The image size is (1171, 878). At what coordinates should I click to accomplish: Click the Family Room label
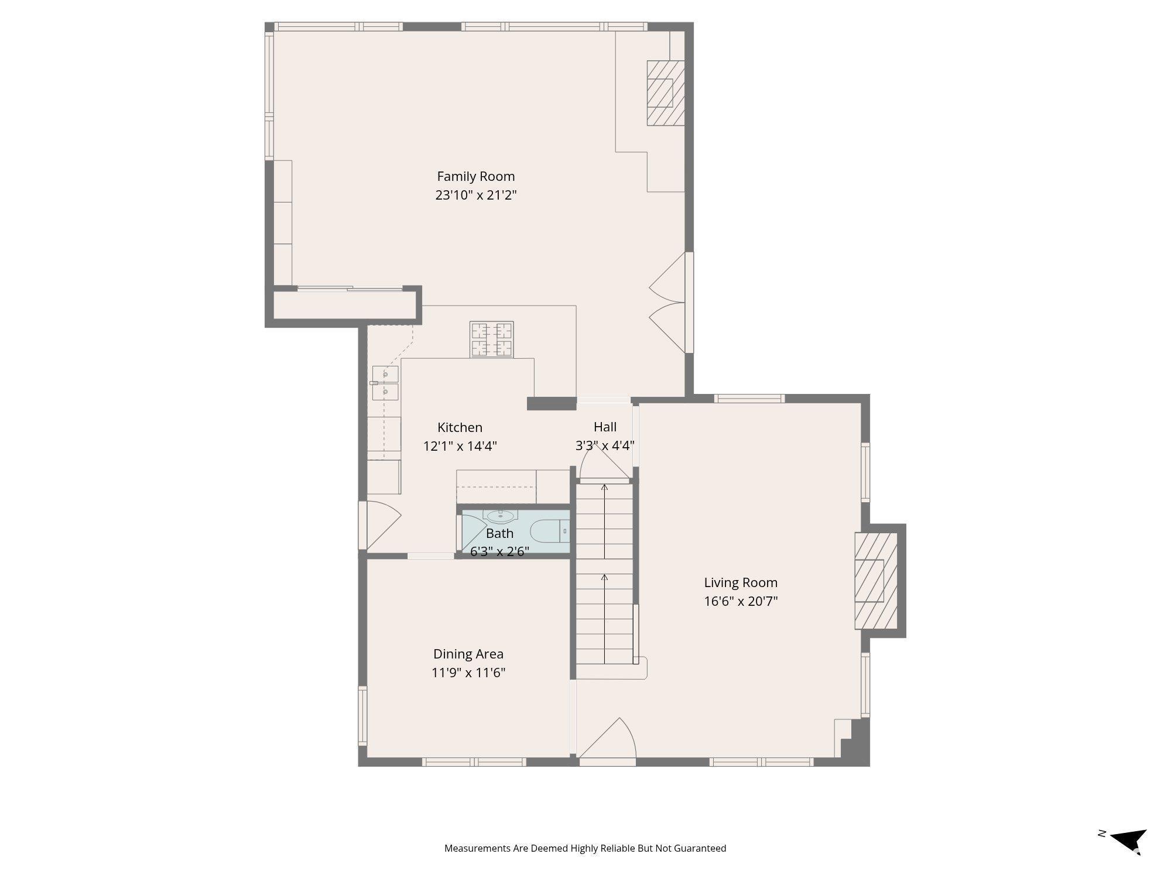(x=475, y=176)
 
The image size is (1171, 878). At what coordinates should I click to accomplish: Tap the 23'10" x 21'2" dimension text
(x=475, y=195)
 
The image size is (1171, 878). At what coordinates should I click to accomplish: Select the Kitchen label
(x=460, y=427)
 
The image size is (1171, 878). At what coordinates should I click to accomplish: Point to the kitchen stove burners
(x=492, y=339)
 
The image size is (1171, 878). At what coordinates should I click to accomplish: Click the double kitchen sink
(x=385, y=383)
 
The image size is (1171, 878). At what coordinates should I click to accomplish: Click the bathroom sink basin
(x=500, y=516)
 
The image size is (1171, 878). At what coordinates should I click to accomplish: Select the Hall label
(x=605, y=427)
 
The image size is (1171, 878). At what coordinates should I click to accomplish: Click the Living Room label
(x=741, y=582)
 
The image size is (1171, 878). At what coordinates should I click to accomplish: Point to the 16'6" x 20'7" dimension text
(x=741, y=601)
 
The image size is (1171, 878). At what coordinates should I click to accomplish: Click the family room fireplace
(x=666, y=92)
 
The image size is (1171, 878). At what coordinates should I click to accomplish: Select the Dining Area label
(x=468, y=654)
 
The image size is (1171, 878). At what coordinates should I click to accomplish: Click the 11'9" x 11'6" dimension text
(x=468, y=673)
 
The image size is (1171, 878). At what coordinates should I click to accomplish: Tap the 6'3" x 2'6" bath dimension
(x=499, y=551)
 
